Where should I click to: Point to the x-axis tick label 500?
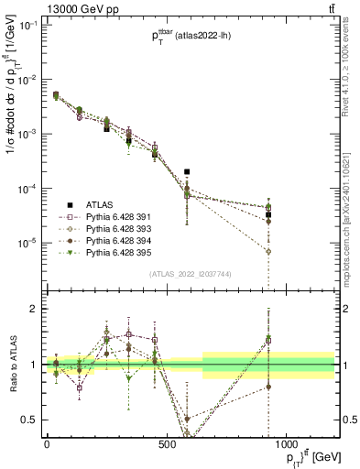point(166,444)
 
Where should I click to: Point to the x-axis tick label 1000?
point(286,444)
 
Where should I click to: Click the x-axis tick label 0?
point(47,444)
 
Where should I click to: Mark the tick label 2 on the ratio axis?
point(32,309)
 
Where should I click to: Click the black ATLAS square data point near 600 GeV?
point(187,171)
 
